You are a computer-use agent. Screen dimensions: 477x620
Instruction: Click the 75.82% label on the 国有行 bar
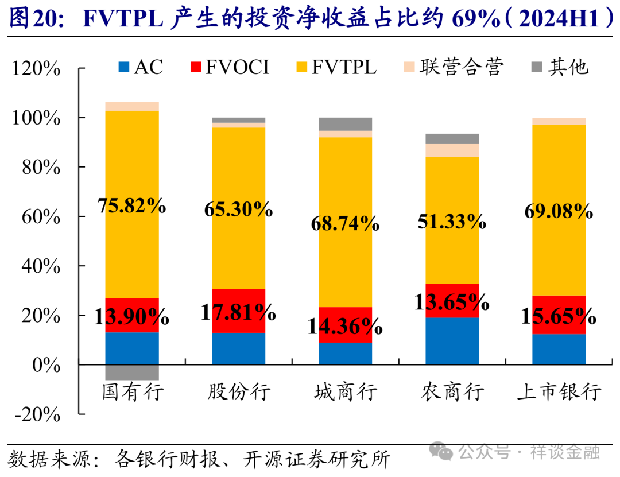[132, 206]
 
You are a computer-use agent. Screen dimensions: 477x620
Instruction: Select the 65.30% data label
[238, 210]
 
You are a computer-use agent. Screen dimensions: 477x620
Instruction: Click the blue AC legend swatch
[124, 68]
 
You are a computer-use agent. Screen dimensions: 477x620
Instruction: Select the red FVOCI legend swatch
[196, 68]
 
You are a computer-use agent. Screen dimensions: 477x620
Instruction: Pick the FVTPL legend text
[344, 67]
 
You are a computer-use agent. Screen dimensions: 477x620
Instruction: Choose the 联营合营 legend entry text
[461, 67]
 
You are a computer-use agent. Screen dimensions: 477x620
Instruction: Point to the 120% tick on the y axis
[36, 69]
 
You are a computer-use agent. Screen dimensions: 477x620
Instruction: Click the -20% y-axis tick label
[36, 415]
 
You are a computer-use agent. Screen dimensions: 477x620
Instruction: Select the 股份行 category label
[239, 393]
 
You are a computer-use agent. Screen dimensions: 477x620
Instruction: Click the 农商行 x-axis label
[452, 393]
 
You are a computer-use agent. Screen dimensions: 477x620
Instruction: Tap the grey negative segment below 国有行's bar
[132, 372]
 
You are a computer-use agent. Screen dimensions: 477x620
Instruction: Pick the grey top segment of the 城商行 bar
[346, 124]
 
